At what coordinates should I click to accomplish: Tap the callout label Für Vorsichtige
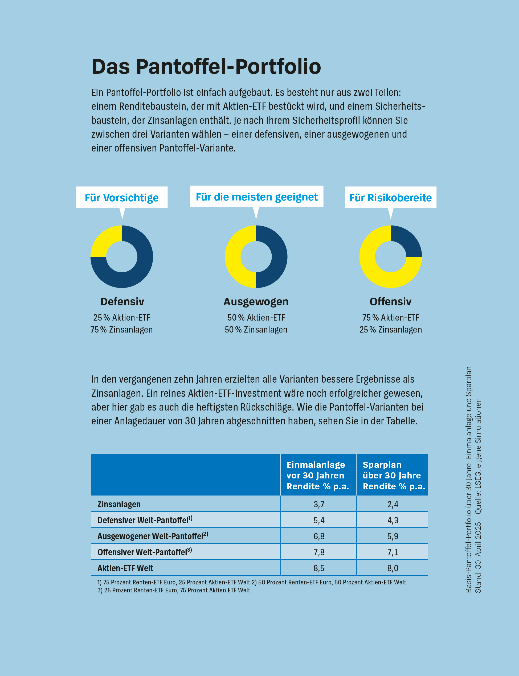pos(121,198)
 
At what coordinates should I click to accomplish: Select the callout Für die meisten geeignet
pos(256,197)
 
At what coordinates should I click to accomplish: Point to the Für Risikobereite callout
pos(390,198)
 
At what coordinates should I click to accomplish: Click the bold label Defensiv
pos(122,301)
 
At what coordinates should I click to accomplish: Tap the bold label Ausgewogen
pos(256,301)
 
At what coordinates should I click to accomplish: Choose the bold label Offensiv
pos(390,301)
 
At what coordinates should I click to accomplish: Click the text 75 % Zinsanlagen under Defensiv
pos(121,330)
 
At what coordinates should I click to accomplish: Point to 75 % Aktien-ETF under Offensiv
pos(390,317)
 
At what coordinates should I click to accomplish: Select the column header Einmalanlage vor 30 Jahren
pos(318,475)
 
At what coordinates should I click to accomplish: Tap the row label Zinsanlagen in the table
pos(119,504)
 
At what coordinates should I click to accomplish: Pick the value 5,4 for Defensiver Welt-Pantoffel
pos(319,520)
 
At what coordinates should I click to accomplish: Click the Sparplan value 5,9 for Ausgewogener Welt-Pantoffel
pos(393,536)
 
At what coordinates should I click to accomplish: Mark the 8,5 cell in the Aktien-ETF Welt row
pos(319,568)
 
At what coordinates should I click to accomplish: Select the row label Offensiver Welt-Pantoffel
pos(144,552)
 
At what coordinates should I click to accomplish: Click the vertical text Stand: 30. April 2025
pos(478,558)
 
